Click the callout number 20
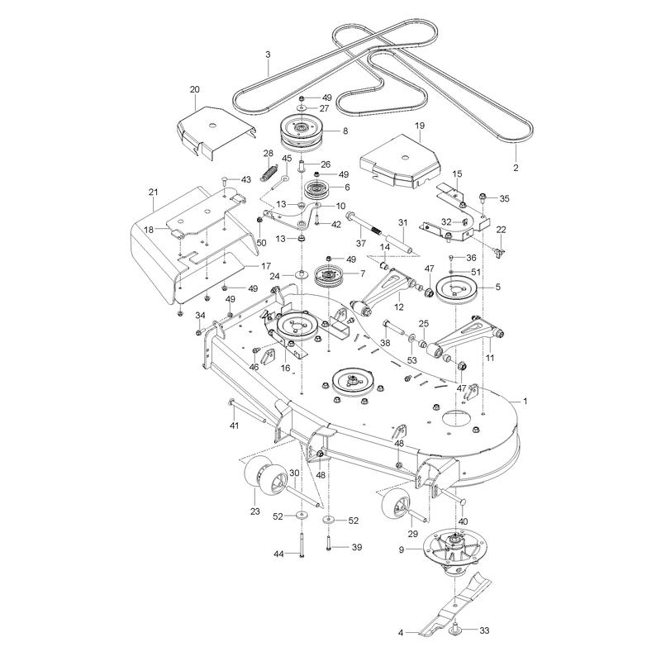[x=195, y=89]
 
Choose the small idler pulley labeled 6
[x=316, y=190]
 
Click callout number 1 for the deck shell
[x=525, y=401]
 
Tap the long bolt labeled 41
[x=247, y=411]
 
